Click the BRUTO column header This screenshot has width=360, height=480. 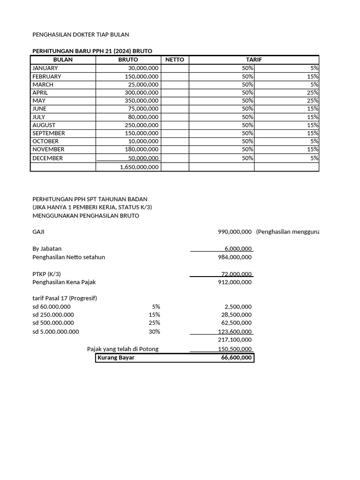[x=128, y=60]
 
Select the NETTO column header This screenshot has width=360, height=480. [x=175, y=60]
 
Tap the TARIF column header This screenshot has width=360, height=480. [x=254, y=60]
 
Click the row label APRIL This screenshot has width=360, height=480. [x=40, y=92]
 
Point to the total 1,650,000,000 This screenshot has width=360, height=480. [x=139, y=167]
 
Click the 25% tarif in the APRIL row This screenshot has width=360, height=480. [x=313, y=92]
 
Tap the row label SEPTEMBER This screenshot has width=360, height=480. [x=49, y=133]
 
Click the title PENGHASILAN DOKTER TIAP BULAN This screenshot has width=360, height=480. [x=80, y=35]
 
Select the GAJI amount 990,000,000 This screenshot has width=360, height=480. [x=235, y=232]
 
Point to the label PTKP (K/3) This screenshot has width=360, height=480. [x=46, y=274]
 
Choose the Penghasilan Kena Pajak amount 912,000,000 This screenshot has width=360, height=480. [x=235, y=282]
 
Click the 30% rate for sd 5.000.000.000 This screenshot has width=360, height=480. [x=154, y=331]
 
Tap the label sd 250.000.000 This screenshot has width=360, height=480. [x=53, y=315]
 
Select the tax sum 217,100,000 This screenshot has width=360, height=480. [x=235, y=340]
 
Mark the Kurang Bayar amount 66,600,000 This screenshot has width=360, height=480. [x=236, y=358]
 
